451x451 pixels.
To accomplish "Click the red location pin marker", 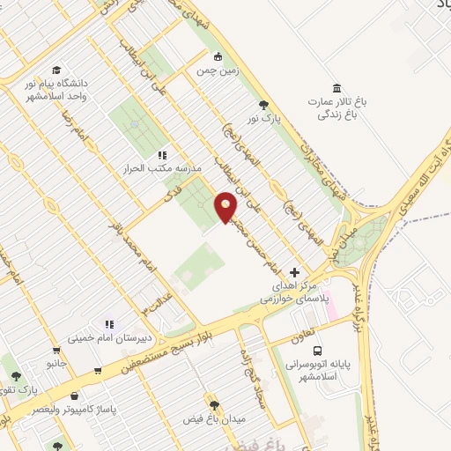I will (x=226, y=208).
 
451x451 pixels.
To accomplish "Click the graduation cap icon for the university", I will (x=56, y=70).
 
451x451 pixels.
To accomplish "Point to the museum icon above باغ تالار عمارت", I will (x=335, y=86).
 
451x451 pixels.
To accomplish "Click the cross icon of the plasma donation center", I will (x=295, y=273).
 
